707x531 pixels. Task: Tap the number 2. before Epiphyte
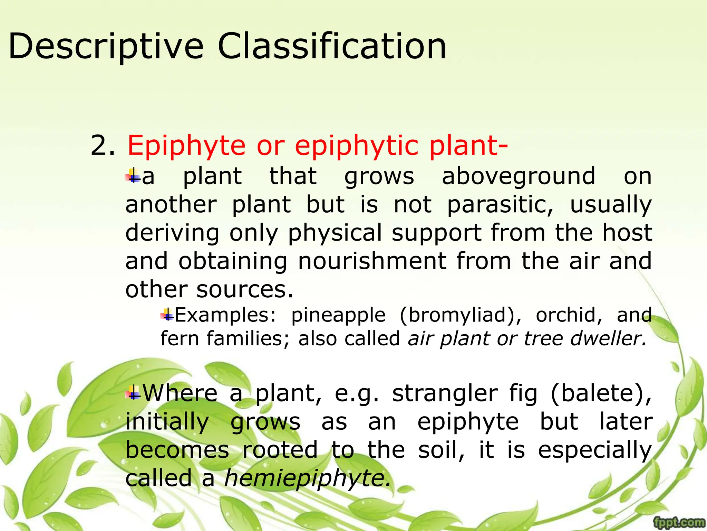pos(103,146)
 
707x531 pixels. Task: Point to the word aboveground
pos(519,176)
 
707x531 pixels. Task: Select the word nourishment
pos(372,261)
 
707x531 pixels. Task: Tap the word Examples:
pos(225,315)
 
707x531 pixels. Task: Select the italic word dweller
pos(608,338)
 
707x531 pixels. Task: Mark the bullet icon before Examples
pos(167,315)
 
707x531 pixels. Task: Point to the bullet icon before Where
pos(133,393)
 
